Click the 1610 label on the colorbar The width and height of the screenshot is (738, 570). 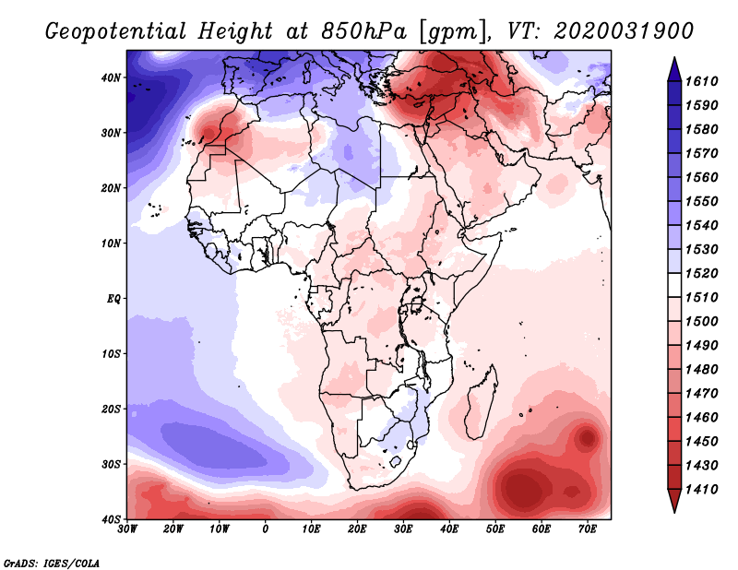coord(701,81)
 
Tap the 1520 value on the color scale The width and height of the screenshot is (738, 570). coord(701,273)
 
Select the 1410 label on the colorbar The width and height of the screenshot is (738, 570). coord(701,490)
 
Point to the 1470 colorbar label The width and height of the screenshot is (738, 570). coord(701,394)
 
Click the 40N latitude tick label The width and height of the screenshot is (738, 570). coord(111,77)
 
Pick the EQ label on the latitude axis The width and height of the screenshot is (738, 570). coord(113,299)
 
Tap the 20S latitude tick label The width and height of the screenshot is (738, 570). coord(111,409)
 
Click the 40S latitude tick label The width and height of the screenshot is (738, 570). coord(111,519)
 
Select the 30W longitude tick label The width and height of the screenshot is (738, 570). coord(127,529)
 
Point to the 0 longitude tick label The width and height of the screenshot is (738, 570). coord(266,529)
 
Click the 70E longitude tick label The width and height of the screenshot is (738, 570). coord(588,529)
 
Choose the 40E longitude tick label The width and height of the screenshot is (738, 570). coord(449,529)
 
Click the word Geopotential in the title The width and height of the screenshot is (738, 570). coord(116,31)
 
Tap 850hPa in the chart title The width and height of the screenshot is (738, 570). coord(363,31)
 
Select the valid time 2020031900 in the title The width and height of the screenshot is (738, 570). coord(624,31)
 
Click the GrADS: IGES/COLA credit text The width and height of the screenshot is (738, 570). coord(52,563)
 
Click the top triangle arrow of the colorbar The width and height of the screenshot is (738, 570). coord(674,69)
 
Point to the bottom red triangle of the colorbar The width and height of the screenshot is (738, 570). coord(674,501)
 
